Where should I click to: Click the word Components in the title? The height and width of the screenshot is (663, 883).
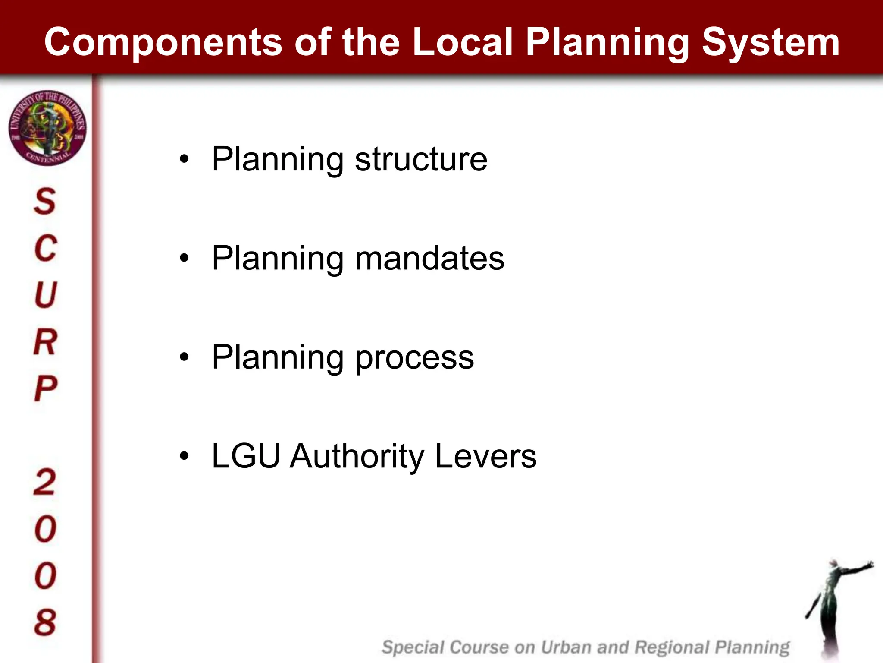pos(163,42)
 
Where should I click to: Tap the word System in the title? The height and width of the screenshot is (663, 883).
pos(770,42)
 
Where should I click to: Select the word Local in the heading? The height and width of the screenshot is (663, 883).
pos(463,42)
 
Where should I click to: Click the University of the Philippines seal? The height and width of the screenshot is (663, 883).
pos(47,128)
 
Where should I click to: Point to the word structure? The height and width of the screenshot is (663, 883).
pos(421,159)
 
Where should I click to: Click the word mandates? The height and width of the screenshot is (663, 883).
pos(429,258)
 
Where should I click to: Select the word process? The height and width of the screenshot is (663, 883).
pos(414,357)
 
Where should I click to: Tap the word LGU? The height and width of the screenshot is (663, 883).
pos(246,456)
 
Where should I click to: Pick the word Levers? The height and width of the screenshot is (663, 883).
pos(485,456)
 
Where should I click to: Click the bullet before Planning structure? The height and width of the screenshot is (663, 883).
pos(185,159)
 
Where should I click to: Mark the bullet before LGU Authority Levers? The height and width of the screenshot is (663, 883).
pos(185,456)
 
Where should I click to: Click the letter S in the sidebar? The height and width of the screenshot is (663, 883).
pos(45,201)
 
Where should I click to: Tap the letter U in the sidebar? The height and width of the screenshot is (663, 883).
pos(45,295)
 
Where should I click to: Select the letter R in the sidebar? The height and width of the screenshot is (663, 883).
pos(45,342)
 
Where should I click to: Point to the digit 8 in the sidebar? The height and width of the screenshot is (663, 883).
pos(45,622)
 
